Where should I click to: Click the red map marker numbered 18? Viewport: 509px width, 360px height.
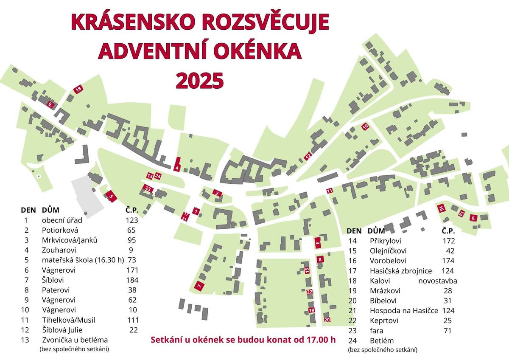click(x=78, y=89)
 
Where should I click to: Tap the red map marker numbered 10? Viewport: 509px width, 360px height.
click(x=365, y=127)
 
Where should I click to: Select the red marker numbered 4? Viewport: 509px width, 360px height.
click(x=177, y=164)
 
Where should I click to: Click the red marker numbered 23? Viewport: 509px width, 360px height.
click(x=148, y=188)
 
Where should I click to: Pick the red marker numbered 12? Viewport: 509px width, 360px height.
click(x=308, y=156)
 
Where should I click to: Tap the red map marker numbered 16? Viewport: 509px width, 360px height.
click(x=442, y=208)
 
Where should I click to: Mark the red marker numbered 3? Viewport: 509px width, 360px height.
click(x=318, y=243)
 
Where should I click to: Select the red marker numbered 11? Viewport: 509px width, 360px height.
click(x=330, y=191)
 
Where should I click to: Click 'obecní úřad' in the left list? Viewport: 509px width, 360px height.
click(x=62, y=220)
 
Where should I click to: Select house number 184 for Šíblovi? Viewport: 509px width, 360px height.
click(x=132, y=280)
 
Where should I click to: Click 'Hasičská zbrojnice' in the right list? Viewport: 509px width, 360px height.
click(x=401, y=271)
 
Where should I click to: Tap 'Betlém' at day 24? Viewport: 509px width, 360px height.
click(x=382, y=340)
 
